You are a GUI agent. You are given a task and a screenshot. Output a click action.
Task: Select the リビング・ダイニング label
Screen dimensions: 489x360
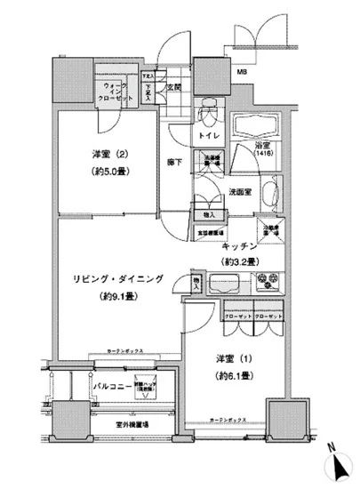(x=117, y=279)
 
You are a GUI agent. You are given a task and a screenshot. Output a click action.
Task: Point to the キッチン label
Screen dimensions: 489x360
(x=240, y=244)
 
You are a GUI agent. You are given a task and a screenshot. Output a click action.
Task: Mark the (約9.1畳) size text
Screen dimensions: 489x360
(x=117, y=297)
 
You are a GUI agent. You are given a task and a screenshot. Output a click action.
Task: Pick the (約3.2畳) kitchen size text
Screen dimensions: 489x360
(x=240, y=262)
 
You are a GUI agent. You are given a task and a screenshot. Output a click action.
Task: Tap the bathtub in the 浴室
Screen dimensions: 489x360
(x=257, y=124)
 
